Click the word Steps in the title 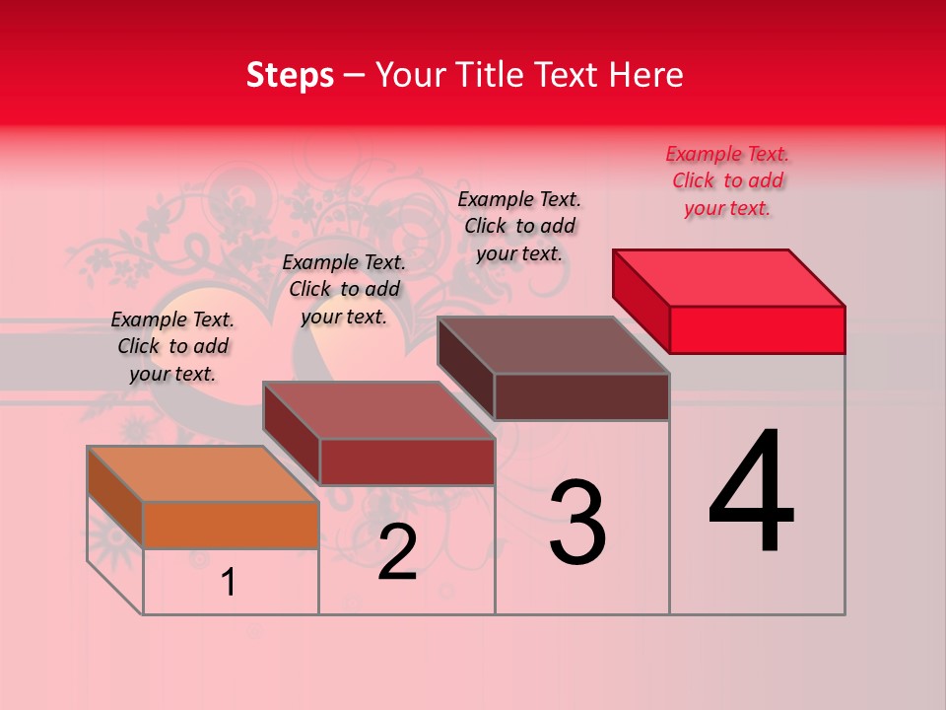pos(290,75)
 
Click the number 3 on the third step pos(577,523)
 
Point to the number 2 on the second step pos(398,552)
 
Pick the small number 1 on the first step pos(229,583)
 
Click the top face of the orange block pos(202,474)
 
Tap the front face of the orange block pos(231,525)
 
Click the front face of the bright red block pos(757,329)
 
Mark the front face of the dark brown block pos(581,396)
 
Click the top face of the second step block pos(378,410)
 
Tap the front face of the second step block pos(406,461)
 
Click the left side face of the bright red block pos(641,301)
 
